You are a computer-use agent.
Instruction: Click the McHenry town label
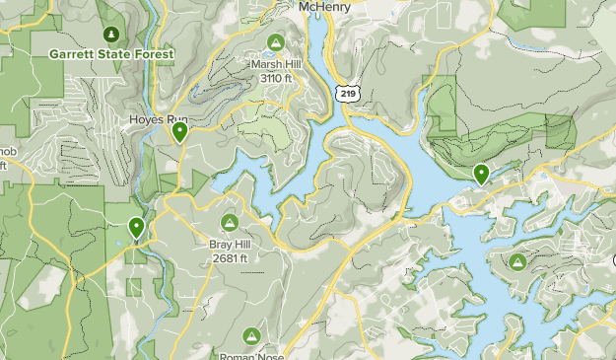click(x=327, y=7)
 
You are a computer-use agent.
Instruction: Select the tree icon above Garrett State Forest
click(x=110, y=35)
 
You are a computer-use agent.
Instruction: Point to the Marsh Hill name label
click(x=276, y=64)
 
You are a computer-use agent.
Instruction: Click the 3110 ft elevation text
click(x=276, y=77)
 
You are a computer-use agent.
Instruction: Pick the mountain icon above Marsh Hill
click(x=276, y=43)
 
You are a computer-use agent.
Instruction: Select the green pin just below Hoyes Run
click(x=179, y=131)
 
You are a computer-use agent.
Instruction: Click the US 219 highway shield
click(x=346, y=93)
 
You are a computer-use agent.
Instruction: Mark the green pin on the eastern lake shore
click(x=481, y=174)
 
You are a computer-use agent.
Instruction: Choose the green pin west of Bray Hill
click(x=136, y=228)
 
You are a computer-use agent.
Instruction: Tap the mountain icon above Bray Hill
click(x=231, y=223)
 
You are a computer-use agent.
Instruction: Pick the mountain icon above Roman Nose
click(x=252, y=336)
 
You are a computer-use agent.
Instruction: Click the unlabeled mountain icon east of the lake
click(x=518, y=261)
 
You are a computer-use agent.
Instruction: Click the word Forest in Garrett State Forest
click(x=152, y=53)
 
